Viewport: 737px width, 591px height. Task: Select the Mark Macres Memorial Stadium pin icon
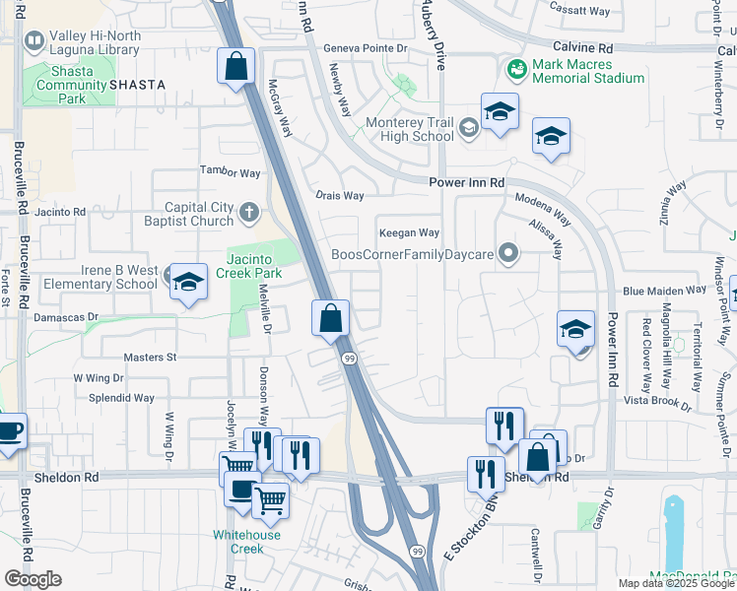(x=514, y=70)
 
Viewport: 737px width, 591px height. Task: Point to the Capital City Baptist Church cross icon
(x=250, y=210)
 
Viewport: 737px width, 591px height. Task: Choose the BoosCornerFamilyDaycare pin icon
(x=508, y=254)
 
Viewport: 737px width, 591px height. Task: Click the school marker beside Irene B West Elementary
(x=186, y=283)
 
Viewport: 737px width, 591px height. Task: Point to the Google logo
(x=33, y=578)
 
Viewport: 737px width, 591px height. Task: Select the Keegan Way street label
(x=410, y=232)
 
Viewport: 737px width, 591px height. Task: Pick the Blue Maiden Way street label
(x=664, y=291)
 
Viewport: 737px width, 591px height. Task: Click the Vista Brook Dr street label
(x=659, y=401)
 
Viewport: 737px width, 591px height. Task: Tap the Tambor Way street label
(x=231, y=172)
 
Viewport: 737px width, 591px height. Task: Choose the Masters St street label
(x=150, y=357)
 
